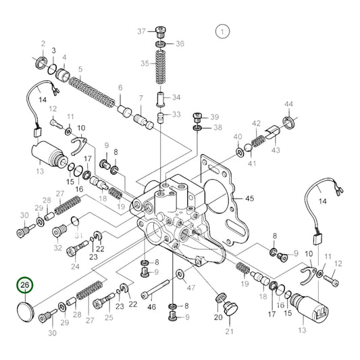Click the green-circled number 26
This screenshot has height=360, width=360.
[25, 286]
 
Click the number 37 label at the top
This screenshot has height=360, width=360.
[141, 32]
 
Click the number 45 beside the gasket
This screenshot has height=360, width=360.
[250, 198]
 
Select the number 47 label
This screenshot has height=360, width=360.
[191, 288]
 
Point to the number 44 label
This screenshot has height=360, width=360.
[288, 104]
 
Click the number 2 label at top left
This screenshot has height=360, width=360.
[43, 45]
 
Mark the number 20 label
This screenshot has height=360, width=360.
[217, 317]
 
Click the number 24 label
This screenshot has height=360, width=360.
[75, 266]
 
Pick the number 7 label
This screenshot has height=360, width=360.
[140, 98]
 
